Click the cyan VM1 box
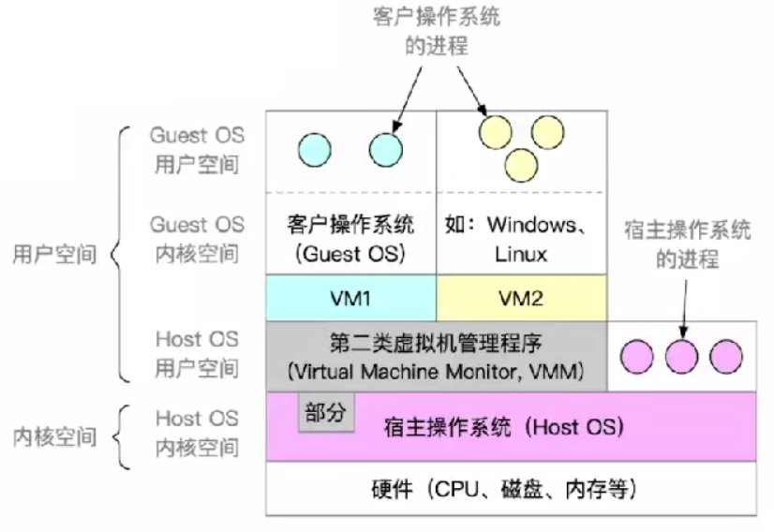click(x=351, y=298)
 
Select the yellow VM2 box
click(x=522, y=298)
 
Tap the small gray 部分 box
click(x=326, y=412)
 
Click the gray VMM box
click(x=437, y=357)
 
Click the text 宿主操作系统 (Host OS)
click(x=504, y=427)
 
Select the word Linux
click(x=521, y=254)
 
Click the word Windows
click(x=532, y=225)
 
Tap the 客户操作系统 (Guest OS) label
click(x=350, y=240)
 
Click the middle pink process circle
click(x=681, y=356)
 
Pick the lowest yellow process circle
click(x=521, y=166)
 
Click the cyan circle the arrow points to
click(x=386, y=150)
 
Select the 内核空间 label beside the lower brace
click(x=54, y=437)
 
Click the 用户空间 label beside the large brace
click(x=54, y=254)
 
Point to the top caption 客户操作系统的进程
click(x=437, y=31)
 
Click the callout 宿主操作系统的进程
click(x=687, y=244)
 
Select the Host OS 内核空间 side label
click(x=197, y=433)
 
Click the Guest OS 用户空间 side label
click(x=197, y=150)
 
